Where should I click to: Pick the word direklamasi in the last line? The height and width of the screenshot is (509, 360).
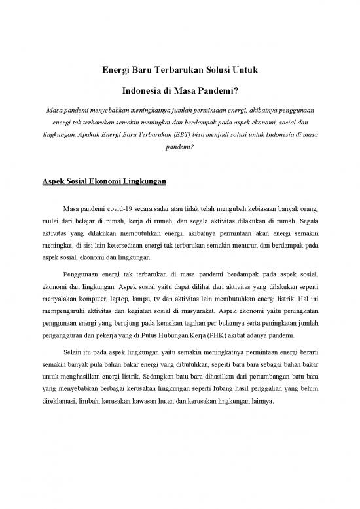(56, 401)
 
